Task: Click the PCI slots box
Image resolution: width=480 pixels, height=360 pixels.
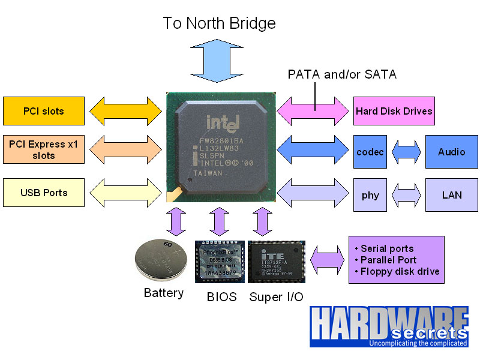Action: (x=43, y=111)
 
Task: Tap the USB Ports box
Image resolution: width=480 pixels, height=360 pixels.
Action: (x=43, y=193)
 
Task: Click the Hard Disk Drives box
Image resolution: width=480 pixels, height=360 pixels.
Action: (x=394, y=111)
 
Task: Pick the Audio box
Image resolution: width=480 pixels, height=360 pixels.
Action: (x=451, y=152)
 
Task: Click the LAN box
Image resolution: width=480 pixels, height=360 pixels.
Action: (x=451, y=194)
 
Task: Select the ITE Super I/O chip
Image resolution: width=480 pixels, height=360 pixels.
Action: (x=277, y=262)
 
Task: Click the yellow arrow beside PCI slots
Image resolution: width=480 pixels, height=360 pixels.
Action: (x=127, y=111)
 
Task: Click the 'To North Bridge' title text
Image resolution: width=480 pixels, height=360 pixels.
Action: (x=220, y=23)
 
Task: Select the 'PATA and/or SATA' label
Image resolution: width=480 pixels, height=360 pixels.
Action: (x=342, y=74)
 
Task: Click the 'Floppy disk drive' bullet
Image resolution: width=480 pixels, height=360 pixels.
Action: (x=397, y=271)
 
